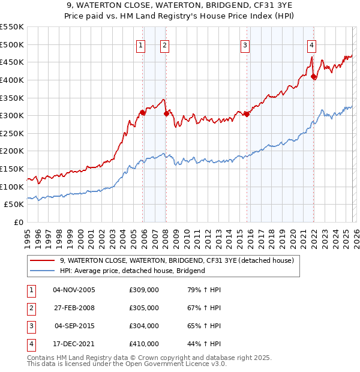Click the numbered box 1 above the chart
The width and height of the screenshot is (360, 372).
tap(140, 44)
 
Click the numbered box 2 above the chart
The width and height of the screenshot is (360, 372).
tap(164, 44)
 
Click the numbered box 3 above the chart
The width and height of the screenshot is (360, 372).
tap(245, 44)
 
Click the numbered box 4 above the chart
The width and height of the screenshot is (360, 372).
tap(312, 44)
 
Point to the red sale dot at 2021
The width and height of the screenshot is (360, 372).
tap(314, 76)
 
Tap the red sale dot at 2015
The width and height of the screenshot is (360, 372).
tap(247, 114)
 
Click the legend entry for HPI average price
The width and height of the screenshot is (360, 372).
tap(132, 271)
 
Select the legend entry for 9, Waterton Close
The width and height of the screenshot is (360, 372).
tap(176, 260)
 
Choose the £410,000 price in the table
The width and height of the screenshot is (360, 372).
tap(144, 344)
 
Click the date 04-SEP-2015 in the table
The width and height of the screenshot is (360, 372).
tap(74, 326)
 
